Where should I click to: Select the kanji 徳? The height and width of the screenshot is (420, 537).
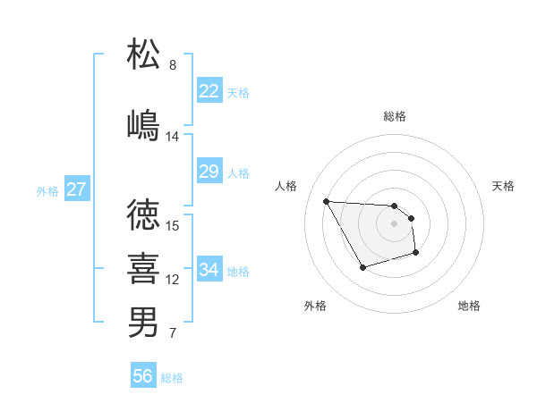pos(144,214)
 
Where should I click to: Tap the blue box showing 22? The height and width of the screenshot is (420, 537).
pos(209,91)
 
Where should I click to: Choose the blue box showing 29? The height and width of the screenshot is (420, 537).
pos(209,172)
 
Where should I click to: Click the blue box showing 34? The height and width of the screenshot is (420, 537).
pos(209,270)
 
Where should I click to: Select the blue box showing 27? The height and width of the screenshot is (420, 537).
pos(76,189)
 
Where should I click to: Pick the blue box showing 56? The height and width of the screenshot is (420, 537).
pos(143,376)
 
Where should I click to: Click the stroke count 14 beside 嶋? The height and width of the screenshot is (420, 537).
pos(173,137)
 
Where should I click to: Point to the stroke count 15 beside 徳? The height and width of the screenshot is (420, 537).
pos(174,226)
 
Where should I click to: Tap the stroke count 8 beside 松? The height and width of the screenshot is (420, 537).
pos(173,65)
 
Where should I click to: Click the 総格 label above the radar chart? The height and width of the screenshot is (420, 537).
pos(395,116)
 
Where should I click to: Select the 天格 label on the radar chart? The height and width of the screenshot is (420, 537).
pos(503,186)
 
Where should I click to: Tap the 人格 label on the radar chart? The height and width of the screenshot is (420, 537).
pos(286,186)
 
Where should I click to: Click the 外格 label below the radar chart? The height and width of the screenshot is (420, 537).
pos(315,306)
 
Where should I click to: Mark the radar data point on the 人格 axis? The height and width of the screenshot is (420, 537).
pos(326,201)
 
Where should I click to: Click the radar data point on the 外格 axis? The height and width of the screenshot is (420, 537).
pos(362,267)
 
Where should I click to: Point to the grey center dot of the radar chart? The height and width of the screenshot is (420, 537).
pos(395,223)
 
